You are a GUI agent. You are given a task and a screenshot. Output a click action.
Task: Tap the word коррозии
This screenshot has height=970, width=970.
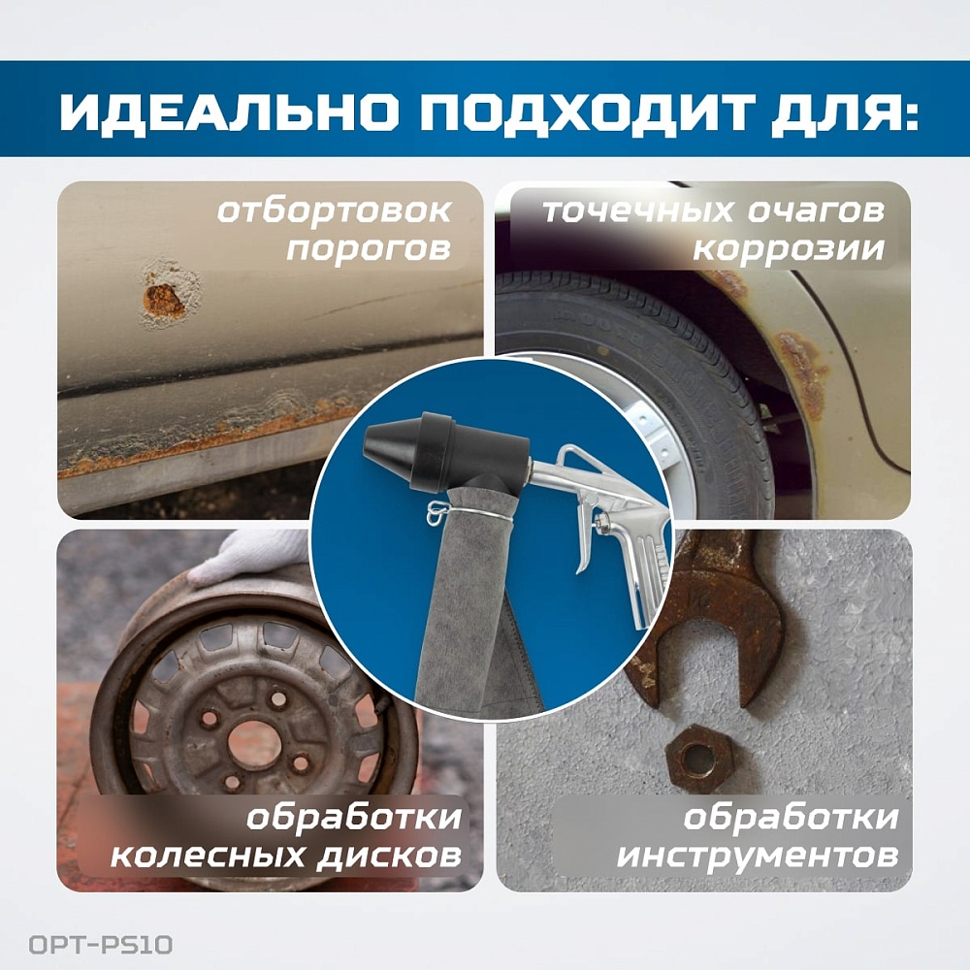click(x=788, y=248)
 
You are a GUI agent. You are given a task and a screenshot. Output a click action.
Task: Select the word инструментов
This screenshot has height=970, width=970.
click(x=758, y=857)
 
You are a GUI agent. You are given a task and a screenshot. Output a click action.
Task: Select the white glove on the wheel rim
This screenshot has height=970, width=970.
click(x=247, y=557)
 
